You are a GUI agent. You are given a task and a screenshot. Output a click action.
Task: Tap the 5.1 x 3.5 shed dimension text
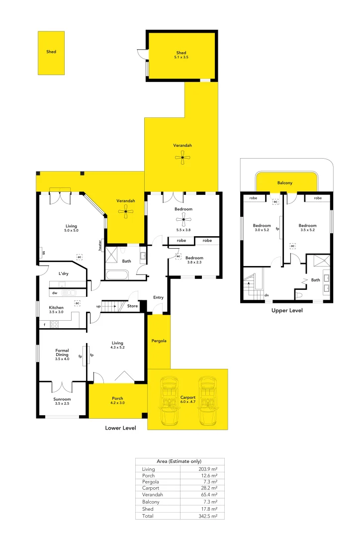tap(181, 58)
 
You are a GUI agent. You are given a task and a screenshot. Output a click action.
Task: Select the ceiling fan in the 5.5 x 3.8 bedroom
tap(183, 219)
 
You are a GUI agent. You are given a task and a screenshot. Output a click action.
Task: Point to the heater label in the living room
tap(100, 245)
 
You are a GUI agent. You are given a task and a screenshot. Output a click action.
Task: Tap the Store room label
tap(132, 306)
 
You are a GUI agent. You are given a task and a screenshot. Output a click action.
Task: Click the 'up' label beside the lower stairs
tap(98, 306)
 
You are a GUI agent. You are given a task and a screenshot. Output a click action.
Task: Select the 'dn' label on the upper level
tap(267, 295)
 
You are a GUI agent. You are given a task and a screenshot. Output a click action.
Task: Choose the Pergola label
tap(159, 341)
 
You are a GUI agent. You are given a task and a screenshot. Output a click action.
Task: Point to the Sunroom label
tap(62, 399)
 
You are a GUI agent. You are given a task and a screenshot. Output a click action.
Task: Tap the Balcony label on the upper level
tap(285, 183)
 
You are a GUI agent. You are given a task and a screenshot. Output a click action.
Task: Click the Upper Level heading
tap(287, 310)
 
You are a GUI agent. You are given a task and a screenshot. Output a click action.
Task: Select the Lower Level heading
tap(120, 428)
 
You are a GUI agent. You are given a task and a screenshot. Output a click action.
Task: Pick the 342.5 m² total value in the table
tap(208, 516)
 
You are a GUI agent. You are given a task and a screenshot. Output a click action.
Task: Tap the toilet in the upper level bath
tap(298, 295)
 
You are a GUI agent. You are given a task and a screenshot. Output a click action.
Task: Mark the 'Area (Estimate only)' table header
tap(180, 461)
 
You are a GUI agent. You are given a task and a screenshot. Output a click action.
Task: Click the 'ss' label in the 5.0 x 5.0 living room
tap(44, 252)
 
